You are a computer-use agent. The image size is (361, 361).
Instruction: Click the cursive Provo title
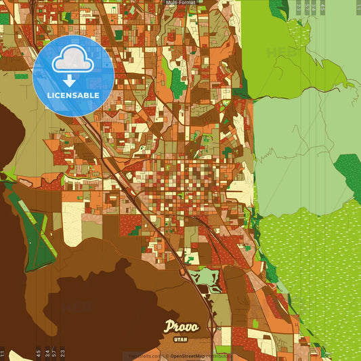182,326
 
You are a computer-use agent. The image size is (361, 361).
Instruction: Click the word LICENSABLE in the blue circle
73,95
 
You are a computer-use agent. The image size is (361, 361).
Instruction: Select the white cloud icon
72,60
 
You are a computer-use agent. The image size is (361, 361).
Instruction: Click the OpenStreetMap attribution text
192,356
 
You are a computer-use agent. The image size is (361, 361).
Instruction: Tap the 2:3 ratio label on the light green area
299,7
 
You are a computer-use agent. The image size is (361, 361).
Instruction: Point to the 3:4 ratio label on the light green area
314,7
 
